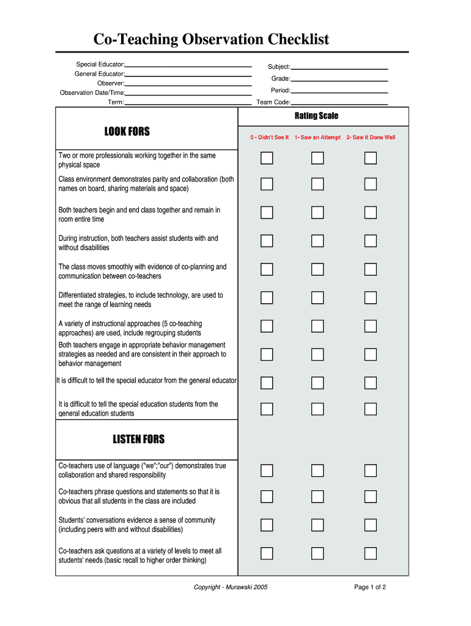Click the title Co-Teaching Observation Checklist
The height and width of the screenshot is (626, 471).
211,40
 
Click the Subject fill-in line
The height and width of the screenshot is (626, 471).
339,67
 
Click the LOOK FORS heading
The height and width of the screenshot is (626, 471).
127,131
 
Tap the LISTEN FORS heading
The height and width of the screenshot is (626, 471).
138,440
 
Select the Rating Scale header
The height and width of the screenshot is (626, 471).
316,116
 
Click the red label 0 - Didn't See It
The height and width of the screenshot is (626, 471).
269,138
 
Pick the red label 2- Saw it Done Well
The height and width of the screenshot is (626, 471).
371,138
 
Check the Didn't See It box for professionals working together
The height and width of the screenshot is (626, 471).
267,158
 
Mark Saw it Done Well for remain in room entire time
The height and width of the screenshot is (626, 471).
371,213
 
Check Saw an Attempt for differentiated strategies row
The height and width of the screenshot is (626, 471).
317,298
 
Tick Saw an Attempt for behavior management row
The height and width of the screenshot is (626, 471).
317,355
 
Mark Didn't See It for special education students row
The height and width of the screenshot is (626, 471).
267,408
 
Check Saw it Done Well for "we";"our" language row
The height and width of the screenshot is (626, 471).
371,471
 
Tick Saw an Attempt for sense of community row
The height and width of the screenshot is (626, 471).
317,525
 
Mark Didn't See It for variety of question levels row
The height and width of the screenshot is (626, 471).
267,553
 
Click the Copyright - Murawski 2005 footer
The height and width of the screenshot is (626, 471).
231,587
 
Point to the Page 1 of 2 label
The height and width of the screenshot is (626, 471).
370,587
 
